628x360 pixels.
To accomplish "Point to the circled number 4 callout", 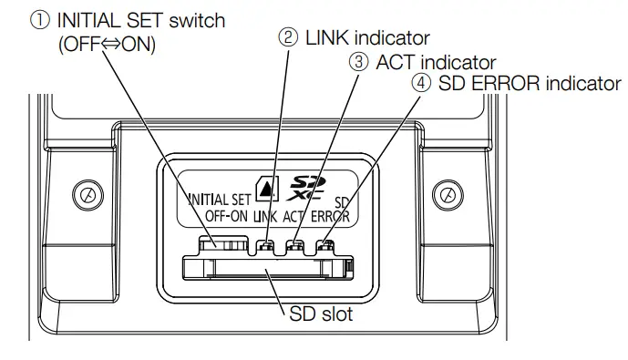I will (421, 85).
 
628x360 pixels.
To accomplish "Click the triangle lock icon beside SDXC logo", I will (266, 190).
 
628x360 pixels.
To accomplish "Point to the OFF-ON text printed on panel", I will (225, 217).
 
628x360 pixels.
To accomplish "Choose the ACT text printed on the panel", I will (296, 217).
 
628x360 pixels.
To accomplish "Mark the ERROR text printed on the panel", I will (331, 217).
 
